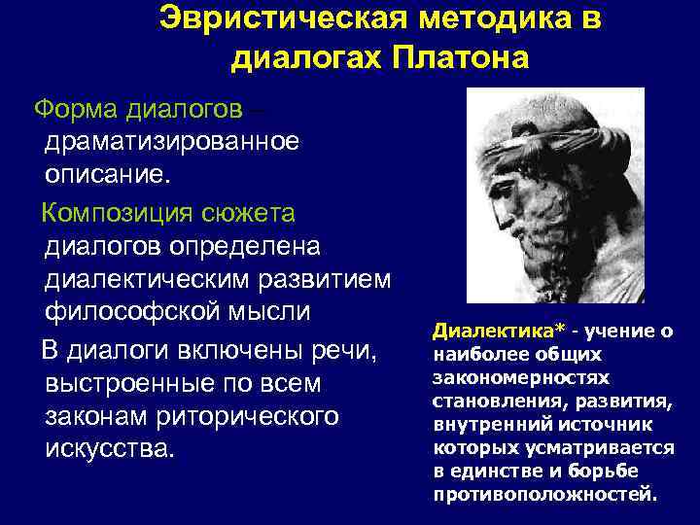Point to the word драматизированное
point(171,142)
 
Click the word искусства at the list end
point(106,451)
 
